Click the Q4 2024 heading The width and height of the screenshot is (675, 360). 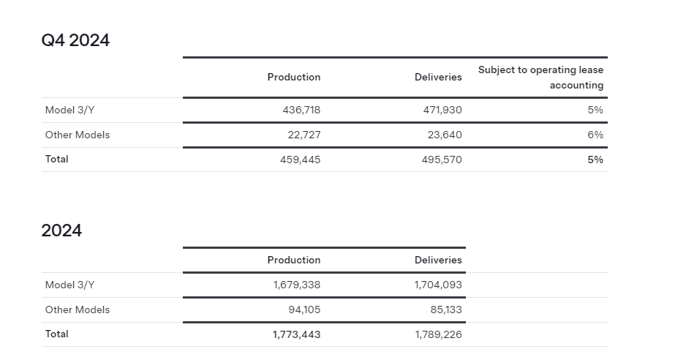(x=75, y=40)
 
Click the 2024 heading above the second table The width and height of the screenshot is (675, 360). (x=61, y=230)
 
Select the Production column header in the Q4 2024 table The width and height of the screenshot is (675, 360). (x=294, y=77)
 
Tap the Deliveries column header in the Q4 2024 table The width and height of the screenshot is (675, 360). (x=438, y=77)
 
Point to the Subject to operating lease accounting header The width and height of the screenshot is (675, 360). (x=540, y=78)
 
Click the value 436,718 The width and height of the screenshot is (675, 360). (x=301, y=110)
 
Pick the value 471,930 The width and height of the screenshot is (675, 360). (x=442, y=110)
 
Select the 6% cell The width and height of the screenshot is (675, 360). (x=595, y=135)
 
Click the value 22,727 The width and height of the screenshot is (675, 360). (x=304, y=135)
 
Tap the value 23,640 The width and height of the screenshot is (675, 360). (x=445, y=135)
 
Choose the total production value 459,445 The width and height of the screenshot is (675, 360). (x=300, y=160)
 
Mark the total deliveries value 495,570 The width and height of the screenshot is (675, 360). (x=442, y=160)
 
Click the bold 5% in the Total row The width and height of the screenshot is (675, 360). (x=595, y=160)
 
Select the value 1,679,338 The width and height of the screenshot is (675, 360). (x=297, y=285)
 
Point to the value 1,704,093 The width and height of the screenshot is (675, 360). (x=438, y=285)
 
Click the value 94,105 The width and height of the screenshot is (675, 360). (x=304, y=310)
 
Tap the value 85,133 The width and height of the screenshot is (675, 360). (x=446, y=310)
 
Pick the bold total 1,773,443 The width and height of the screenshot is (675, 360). (x=297, y=334)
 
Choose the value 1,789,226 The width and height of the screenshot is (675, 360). (x=438, y=334)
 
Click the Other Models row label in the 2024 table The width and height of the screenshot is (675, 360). (x=78, y=310)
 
